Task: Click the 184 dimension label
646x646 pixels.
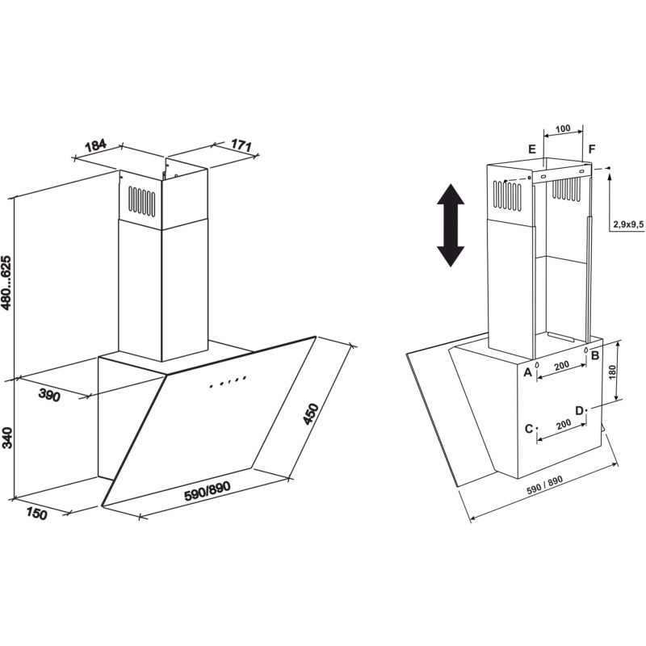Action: click(x=95, y=146)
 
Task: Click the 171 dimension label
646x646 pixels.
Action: click(x=241, y=145)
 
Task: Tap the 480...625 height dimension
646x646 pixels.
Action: click(x=7, y=282)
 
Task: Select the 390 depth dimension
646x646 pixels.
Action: click(x=49, y=395)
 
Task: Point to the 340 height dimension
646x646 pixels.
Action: click(x=7, y=438)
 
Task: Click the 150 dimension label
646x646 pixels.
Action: click(x=37, y=514)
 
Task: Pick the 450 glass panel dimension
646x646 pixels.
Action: click(x=311, y=413)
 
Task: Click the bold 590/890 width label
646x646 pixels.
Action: click(x=207, y=491)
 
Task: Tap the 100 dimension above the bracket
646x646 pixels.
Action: click(x=563, y=128)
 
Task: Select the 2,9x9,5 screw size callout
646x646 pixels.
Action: click(x=628, y=224)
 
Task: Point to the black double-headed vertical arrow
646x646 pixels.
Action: click(x=451, y=225)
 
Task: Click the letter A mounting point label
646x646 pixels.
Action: click(x=527, y=373)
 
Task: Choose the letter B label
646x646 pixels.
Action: click(x=595, y=355)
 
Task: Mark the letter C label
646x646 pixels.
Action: click(x=529, y=429)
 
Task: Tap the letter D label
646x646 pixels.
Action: click(x=580, y=411)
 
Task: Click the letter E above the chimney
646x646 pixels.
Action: click(x=532, y=149)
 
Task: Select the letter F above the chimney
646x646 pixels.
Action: click(x=592, y=149)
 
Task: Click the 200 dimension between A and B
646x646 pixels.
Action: click(x=561, y=366)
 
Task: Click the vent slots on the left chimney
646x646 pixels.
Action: click(x=141, y=201)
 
